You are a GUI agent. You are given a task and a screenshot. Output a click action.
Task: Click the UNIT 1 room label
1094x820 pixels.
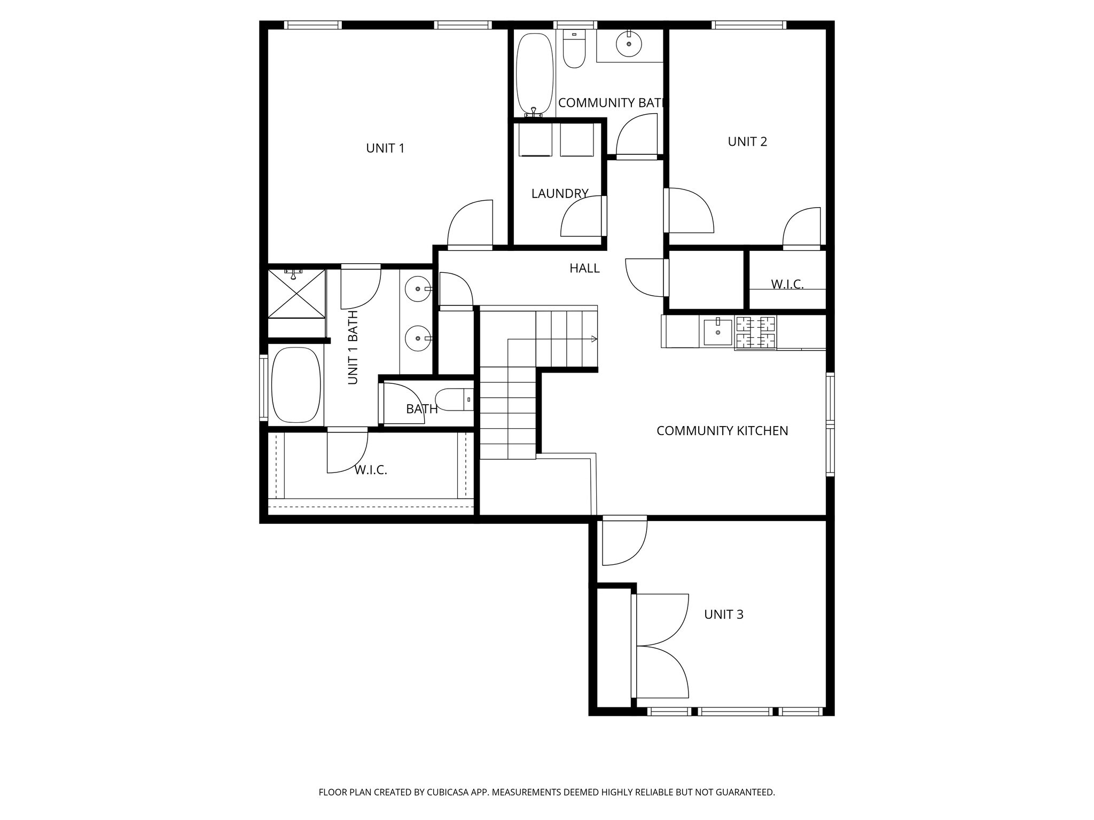(x=385, y=148)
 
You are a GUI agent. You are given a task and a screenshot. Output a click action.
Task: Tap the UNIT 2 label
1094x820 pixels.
(x=747, y=141)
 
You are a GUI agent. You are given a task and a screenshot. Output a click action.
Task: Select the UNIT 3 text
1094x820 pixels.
(x=724, y=614)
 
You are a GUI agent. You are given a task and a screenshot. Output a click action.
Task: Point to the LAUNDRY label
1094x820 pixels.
(x=559, y=194)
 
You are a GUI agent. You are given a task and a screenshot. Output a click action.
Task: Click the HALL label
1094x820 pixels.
(x=584, y=269)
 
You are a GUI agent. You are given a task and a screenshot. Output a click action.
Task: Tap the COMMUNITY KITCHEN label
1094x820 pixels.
(x=722, y=431)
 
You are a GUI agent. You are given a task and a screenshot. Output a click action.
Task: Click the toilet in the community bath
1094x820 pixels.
(x=575, y=50)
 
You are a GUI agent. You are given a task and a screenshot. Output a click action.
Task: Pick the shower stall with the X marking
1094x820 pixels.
(x=296, y=294)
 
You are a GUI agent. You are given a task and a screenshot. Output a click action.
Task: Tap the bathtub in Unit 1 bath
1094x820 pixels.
(x=296, y=385)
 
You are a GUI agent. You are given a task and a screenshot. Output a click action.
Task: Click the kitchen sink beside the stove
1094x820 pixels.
(x=717, y=332)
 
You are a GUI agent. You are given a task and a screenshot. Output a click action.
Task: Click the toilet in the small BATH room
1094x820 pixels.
(x=453, y=399)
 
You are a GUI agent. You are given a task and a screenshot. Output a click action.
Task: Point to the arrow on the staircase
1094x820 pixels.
(x=594, y=338)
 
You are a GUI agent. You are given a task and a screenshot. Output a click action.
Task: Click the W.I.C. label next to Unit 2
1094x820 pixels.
(x=787, y=285)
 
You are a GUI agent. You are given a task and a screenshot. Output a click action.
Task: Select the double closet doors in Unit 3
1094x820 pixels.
(x=661, y=645)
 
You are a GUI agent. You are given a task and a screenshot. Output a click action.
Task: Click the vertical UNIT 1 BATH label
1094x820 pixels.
(x=353, y=348)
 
